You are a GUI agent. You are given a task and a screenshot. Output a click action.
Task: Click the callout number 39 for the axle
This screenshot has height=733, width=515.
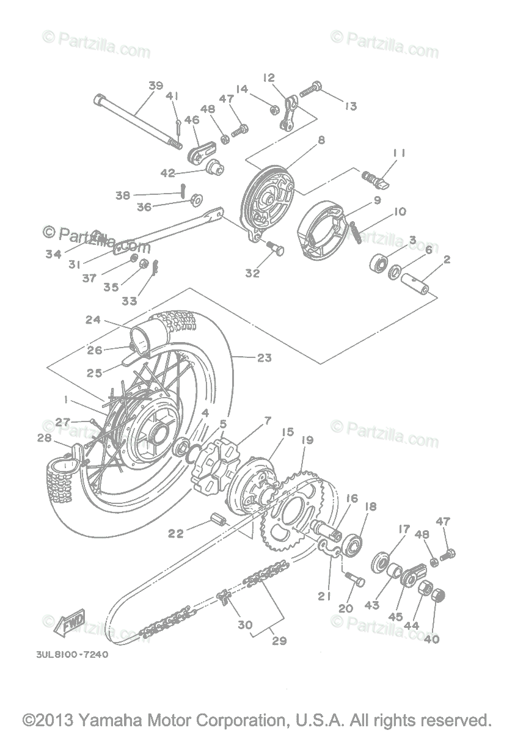click(155, 86)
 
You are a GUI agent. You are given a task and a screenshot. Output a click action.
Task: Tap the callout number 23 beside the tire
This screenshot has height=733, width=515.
click(264, 358)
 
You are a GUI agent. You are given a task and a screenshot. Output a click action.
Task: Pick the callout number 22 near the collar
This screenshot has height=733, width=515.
click(176, 533)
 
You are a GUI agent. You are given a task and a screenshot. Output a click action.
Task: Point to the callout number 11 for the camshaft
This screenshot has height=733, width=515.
click(399, 152)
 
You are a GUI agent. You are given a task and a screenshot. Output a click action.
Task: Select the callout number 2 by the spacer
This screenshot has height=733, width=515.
click(447, 260)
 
